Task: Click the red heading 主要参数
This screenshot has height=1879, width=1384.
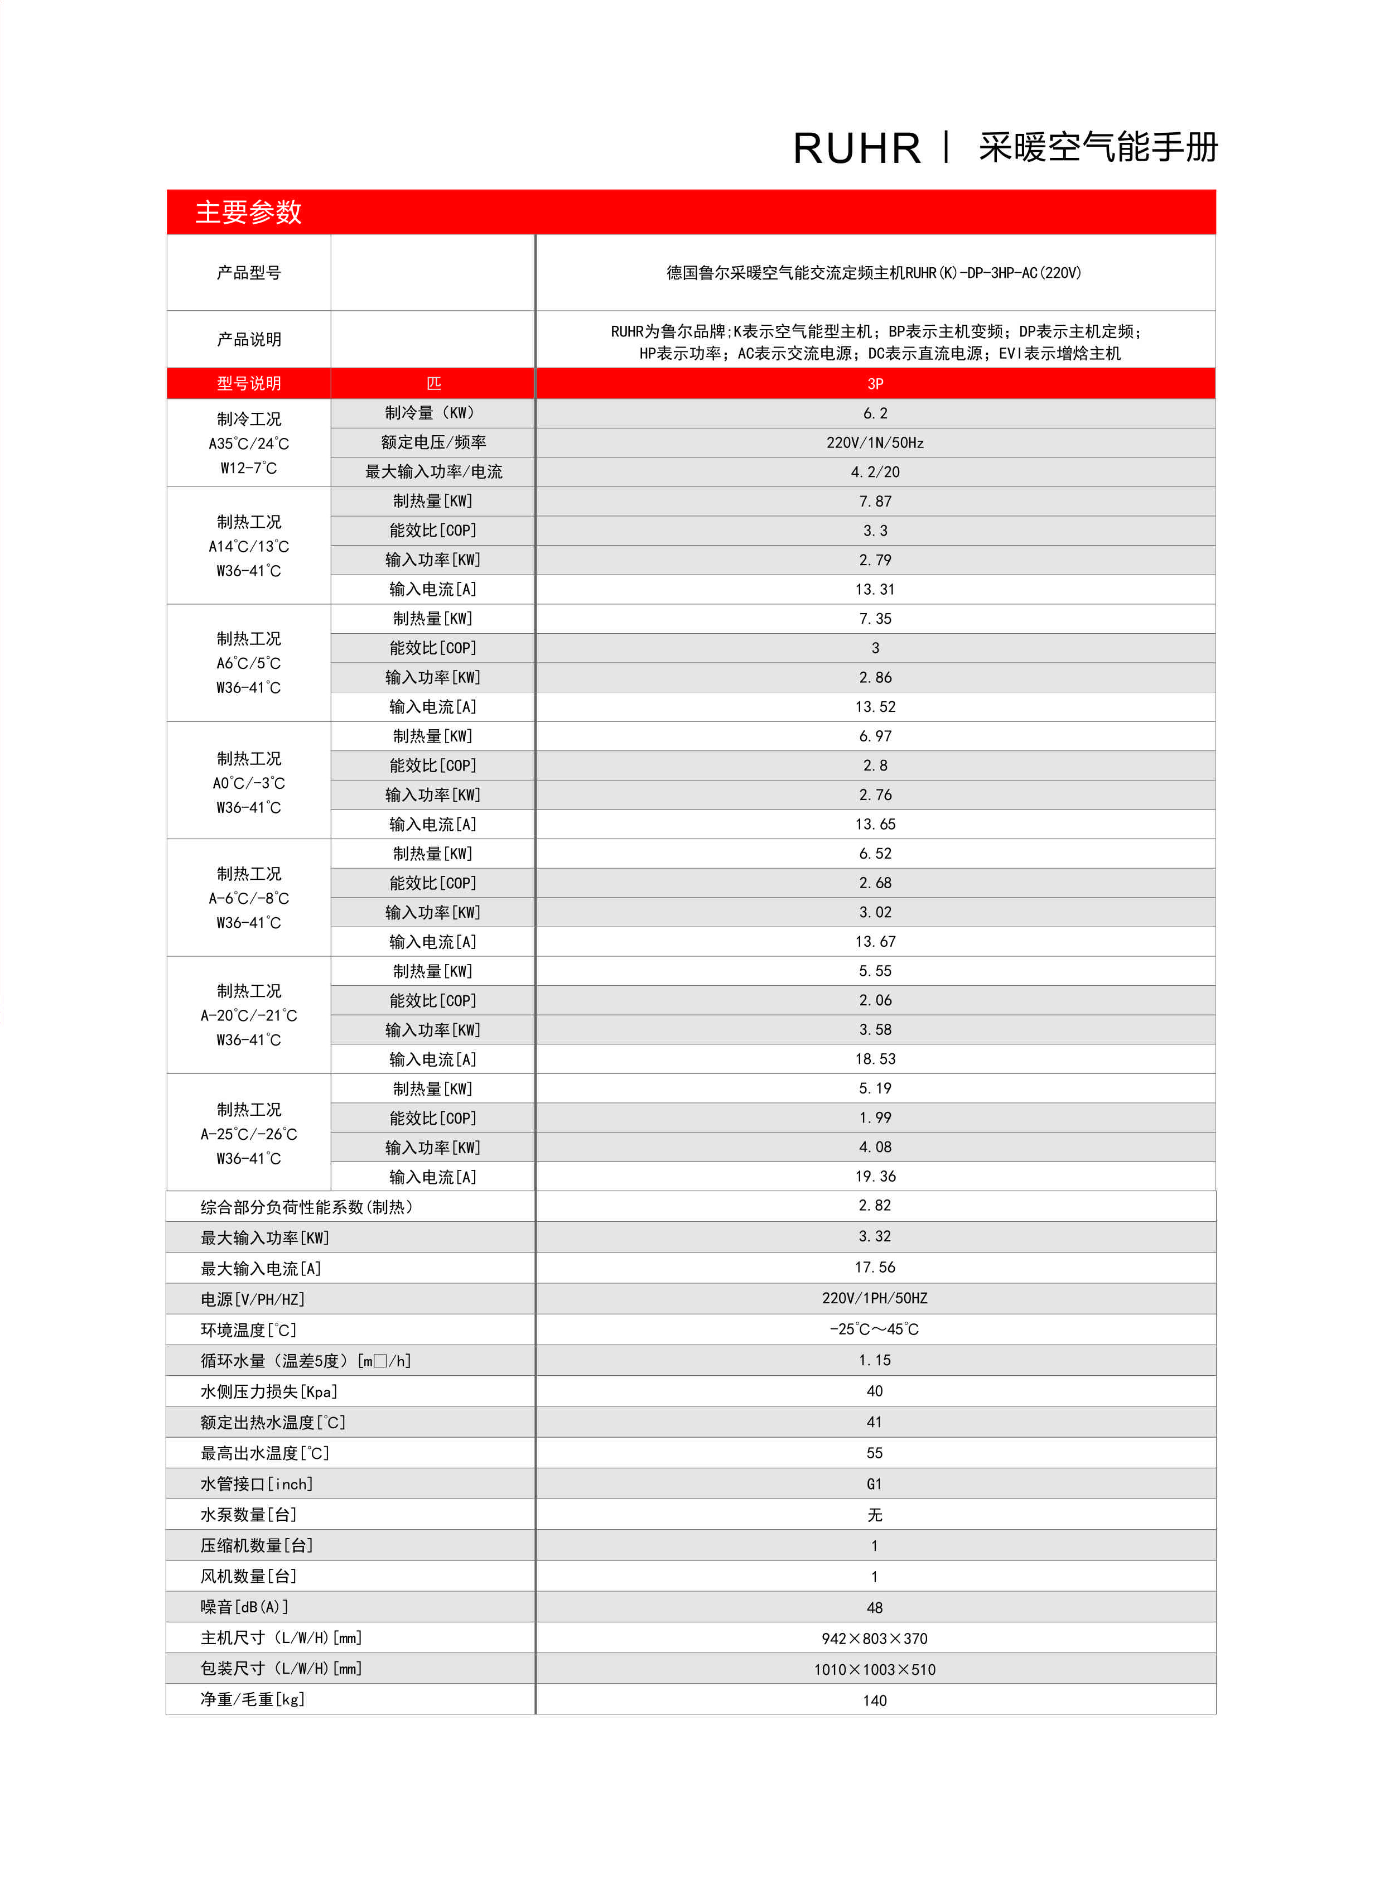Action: [248, 212]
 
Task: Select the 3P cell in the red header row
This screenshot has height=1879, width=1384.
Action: [875, 384]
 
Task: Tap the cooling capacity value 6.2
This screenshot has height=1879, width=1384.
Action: [875, 413]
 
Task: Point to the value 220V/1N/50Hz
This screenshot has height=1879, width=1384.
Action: [875, 442]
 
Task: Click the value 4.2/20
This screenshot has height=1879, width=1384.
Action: [875, 471]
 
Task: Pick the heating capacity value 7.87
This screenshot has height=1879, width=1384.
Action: [875, 501]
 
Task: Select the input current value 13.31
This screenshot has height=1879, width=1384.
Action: [875, 589]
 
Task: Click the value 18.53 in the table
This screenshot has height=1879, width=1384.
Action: [875, 1059]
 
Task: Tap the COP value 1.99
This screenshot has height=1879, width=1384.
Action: [875, 1117]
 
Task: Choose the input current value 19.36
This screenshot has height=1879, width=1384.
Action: [875, 1176]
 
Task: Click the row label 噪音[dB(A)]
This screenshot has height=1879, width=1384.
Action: [244, 1607]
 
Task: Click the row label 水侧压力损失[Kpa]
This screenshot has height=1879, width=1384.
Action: [268, 1391]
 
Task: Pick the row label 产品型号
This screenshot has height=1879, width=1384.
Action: [249, 272]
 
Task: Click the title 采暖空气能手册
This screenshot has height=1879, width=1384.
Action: [1097, 147]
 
